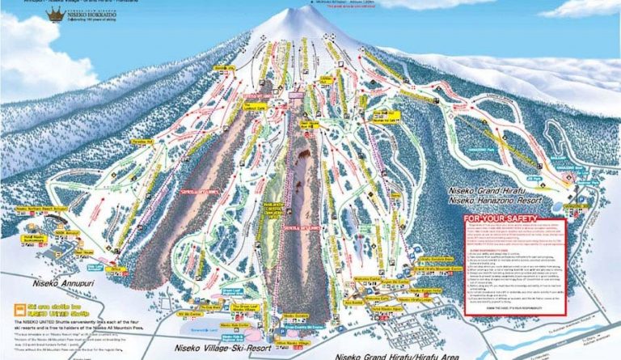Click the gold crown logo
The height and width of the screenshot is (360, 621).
(56, 15)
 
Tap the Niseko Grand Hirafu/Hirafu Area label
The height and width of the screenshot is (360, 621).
(396, 355)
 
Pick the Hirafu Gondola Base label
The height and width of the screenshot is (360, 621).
(437, 260)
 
